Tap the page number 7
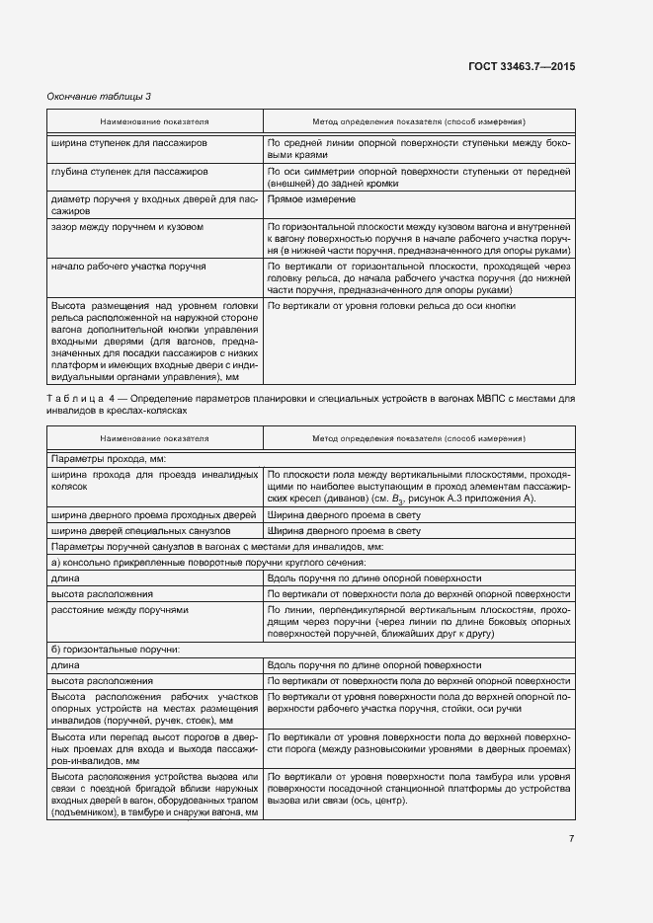pos(571,838)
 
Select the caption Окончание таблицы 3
pos(99,96)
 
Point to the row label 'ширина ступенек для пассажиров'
pos(127,143)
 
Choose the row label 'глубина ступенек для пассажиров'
pos(127,171)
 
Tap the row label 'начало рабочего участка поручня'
pos(127,268)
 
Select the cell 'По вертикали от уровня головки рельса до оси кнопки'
pos(391,305)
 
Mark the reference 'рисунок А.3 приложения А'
pos(470,500)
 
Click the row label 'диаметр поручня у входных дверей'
pos(153,204)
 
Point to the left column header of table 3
pos(153,121)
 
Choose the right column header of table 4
pos(418,437)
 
